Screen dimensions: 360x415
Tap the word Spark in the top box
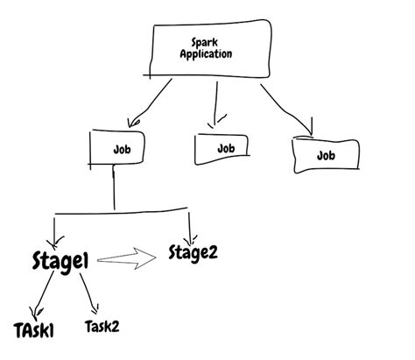click(x=205, y=42)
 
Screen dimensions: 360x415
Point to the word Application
click(x=205, y=54)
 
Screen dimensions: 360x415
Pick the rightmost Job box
click(x=327, y=154)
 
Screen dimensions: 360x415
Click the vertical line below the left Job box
click(x=114, y=189)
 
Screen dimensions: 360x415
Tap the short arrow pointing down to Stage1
click(x=57, y=229)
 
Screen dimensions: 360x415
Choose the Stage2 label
click(x=192, y=254)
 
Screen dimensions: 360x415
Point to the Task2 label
click(x=102, y=326)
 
